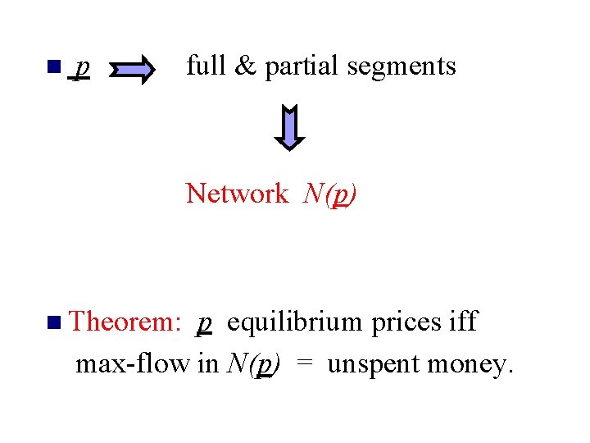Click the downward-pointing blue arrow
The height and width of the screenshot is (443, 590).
tap(289, 127)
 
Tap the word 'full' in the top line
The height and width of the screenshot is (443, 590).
tap(205, 66)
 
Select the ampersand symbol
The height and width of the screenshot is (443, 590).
tap(245, 66)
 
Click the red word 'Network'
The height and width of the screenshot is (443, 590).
tap(237, 194)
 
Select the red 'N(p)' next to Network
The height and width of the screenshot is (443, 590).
tap(329, 194)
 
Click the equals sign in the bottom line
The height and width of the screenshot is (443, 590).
tap(303, 364)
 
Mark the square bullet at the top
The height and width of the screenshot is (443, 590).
tap(55, 66)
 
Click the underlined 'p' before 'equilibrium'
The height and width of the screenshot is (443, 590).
tap(205, 324)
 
